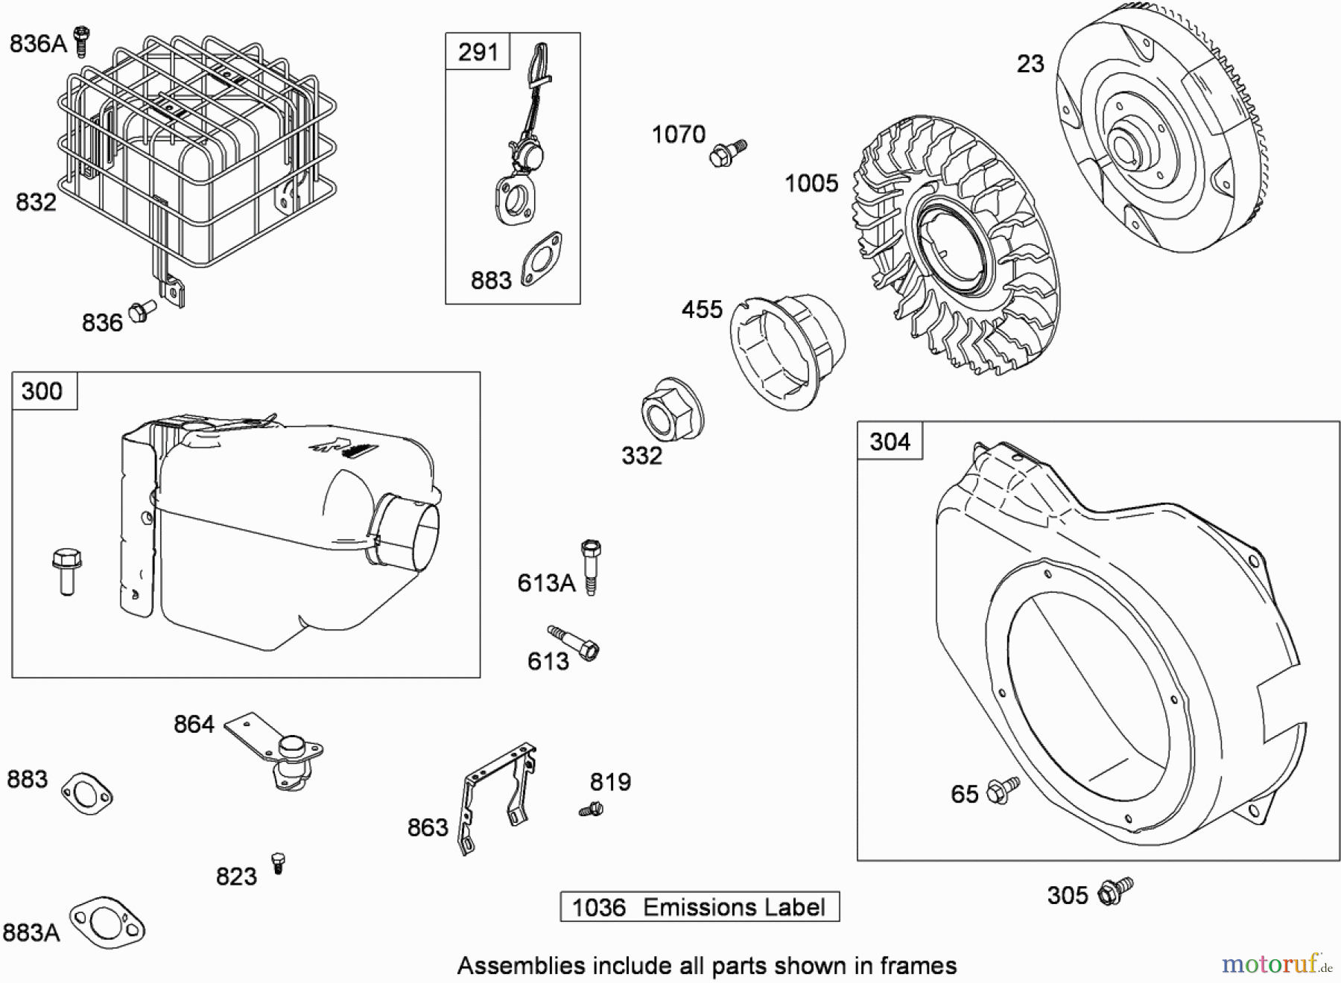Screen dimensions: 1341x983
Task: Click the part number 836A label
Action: pos(38,44)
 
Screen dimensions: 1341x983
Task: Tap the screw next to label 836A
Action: pos(81,41)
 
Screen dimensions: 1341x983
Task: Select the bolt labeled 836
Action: pos(142,311)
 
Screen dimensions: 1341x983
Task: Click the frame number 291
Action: pos(478,52)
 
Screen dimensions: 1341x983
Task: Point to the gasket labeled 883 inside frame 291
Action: pos(541,259)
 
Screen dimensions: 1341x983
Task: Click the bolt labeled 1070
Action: pos(727,152)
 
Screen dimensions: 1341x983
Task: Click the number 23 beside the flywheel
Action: pos(1030,64)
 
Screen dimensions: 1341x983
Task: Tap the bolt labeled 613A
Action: pos(590,567)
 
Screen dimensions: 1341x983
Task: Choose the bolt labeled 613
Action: pos(574,642)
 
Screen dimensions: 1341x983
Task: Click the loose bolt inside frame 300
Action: pos(66,571)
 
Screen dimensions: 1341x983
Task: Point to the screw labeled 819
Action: pos(591,808)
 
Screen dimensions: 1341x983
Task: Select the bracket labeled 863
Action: pos(498,797)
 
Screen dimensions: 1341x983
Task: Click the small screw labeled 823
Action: pos(279,862)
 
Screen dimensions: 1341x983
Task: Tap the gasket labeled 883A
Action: pos(107,923)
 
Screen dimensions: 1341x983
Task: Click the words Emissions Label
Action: pos(734,907)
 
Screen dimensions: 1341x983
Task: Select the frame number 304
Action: pos(890,442)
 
